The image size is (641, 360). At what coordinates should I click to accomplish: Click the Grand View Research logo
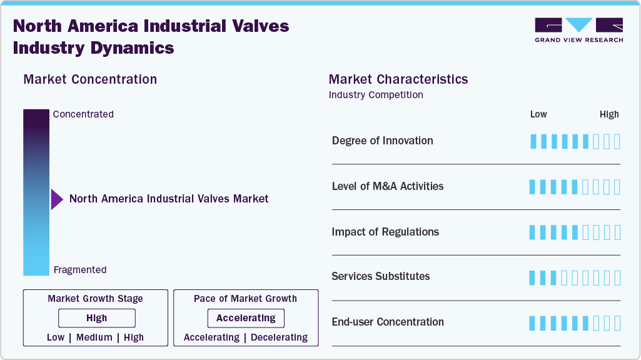pos(578,29)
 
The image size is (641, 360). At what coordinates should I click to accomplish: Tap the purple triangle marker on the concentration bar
pos(57,199)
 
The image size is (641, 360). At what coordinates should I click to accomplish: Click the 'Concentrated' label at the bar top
pos(83,114)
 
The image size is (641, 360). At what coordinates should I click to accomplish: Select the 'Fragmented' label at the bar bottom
pos(80,270)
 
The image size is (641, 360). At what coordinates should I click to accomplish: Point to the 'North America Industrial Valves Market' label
pos(169,199)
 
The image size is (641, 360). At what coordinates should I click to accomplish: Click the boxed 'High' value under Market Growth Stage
pos(96,318)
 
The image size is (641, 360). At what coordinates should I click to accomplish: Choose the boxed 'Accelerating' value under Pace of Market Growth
pos(246,318)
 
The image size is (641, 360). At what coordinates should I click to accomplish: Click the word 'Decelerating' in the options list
pos(279,337)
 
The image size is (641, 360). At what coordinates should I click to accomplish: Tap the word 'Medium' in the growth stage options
pos(94,337)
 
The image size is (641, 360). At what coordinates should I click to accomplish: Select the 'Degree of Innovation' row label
pos(382,141)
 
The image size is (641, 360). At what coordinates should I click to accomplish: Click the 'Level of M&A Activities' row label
pos(388,186)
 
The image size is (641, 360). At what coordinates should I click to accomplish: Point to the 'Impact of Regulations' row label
pos(385,232)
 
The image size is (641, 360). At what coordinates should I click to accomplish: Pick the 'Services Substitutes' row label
pos(381,276)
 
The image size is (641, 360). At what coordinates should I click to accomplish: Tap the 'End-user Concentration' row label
pos(388,322)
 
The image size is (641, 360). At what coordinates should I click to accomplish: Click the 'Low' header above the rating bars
pos(538,114)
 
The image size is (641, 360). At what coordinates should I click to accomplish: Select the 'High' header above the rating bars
pos(609,114)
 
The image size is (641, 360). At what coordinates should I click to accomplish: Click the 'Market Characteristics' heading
pos(398,79)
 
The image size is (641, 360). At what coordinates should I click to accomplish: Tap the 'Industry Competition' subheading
pos(376,95)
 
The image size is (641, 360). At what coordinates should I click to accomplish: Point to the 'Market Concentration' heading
pos(90,79)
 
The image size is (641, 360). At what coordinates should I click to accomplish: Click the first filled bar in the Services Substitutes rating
pos(533,277)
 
